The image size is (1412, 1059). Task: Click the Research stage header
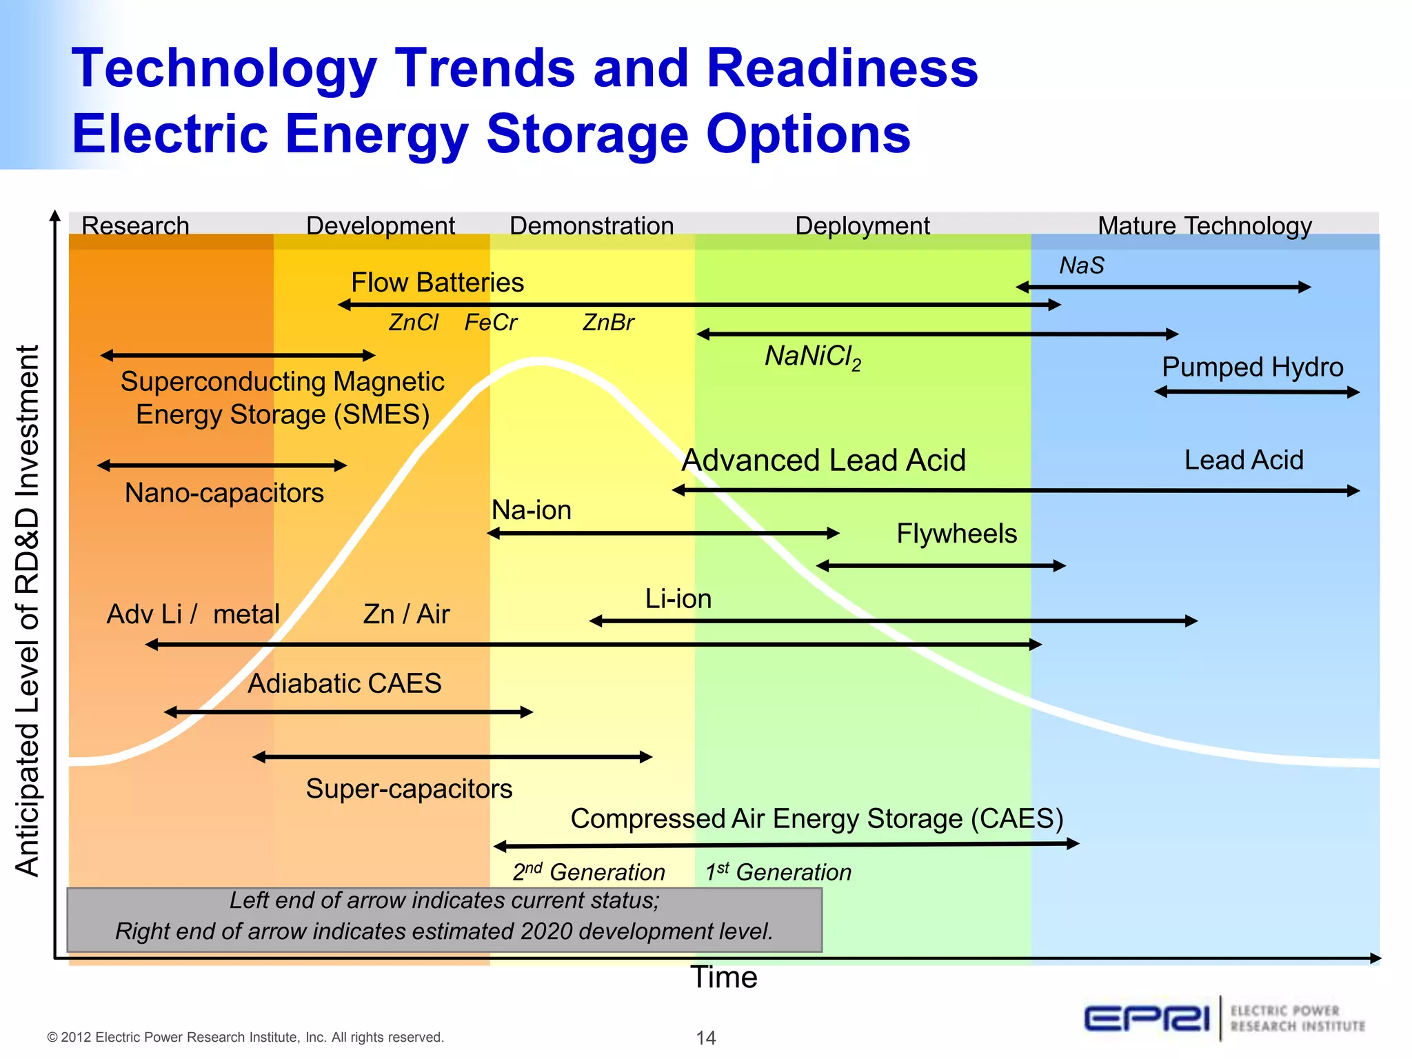[135, 226]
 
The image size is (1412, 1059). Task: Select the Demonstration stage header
[592, 226]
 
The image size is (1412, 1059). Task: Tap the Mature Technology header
[1204, 226]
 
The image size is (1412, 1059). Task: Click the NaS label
[1082, 265]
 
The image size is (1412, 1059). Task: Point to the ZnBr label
[608, 323]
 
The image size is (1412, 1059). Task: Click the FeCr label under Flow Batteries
[490, 323]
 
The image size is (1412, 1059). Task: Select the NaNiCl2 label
[813, 357]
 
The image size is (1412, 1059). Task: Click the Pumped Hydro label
[1252, 367]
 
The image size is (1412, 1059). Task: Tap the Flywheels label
[956, 534]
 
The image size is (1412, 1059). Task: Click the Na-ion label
[532, 510]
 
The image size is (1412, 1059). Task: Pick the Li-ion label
[678, 598]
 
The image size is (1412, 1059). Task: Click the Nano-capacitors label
[224, 493]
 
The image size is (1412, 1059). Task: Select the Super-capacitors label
[409, 789]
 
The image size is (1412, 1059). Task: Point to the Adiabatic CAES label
[344, 683]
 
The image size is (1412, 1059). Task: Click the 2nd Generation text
[588, 872]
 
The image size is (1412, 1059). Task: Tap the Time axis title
[724, 978]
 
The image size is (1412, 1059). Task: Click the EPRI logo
[1147, 1018]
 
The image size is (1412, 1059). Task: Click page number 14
[705, 1038]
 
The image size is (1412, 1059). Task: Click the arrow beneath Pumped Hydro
[1256, 392]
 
